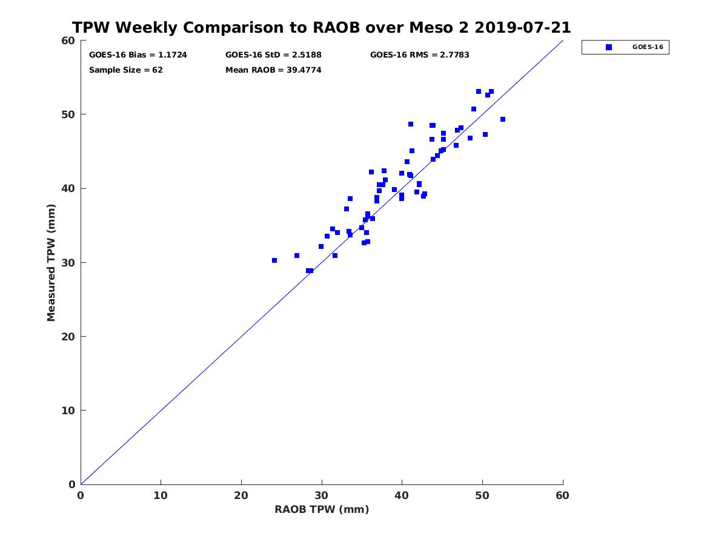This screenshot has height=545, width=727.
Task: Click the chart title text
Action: click(x=322, y=28)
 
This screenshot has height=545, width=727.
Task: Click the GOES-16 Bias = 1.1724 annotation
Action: click(x=138, y=55)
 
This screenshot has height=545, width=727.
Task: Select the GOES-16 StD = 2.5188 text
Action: click(x=273, y=55)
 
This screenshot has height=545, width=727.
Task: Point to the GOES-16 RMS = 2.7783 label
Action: click(x=419, y=55)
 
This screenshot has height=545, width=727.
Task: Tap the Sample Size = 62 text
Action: click(x=126, y=70)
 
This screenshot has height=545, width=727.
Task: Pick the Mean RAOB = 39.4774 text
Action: click(x=273, y=70)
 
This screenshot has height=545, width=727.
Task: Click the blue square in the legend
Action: click(x=609, y=47)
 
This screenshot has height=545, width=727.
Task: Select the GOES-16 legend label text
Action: click(x=647, y=47)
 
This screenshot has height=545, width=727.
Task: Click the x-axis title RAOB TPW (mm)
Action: click(x=322, y=510)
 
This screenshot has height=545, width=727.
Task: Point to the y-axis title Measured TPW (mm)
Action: click(x=51, y=262)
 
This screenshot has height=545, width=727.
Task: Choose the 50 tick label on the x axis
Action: click(x=482, y=496)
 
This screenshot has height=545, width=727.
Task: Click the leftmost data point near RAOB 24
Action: click(x=274, y=260)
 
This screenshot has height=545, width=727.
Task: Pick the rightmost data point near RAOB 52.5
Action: click(x=503, y=119)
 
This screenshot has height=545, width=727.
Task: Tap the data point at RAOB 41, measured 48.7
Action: click(x=411, y=124)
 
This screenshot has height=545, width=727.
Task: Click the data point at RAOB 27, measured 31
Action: click(x=297, y=256)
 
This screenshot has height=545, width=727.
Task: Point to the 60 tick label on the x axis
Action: click(x=563, y=496)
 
